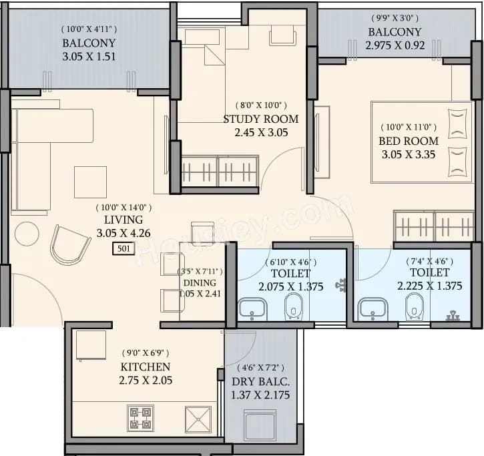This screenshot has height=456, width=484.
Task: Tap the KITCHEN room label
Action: [x=145, y=367]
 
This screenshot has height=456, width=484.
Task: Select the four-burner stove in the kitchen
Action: [x=141, y=418]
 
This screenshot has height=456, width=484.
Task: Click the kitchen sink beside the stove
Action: [x=199, y=418]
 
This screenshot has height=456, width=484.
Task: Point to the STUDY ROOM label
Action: [x=260, y=119]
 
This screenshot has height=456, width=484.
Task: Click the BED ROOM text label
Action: [x=409, y=141]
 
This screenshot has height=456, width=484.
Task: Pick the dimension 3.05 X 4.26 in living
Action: [x=124, y=233]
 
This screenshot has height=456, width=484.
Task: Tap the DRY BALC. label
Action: [x=260, y=382]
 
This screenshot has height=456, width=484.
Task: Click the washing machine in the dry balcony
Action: [x=260, y=425]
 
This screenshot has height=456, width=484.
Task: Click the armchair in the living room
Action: [x=70, y=244]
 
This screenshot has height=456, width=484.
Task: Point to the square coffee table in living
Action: [x=90, y=182]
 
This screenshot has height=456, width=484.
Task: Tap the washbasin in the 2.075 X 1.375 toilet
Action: [x=253, y=308]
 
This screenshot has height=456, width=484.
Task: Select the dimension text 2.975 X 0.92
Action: [x=395, y=45]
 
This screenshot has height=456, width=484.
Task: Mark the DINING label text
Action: [x=200, y=283]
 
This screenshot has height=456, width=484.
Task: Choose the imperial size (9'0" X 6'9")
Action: [x=145, y=353]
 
